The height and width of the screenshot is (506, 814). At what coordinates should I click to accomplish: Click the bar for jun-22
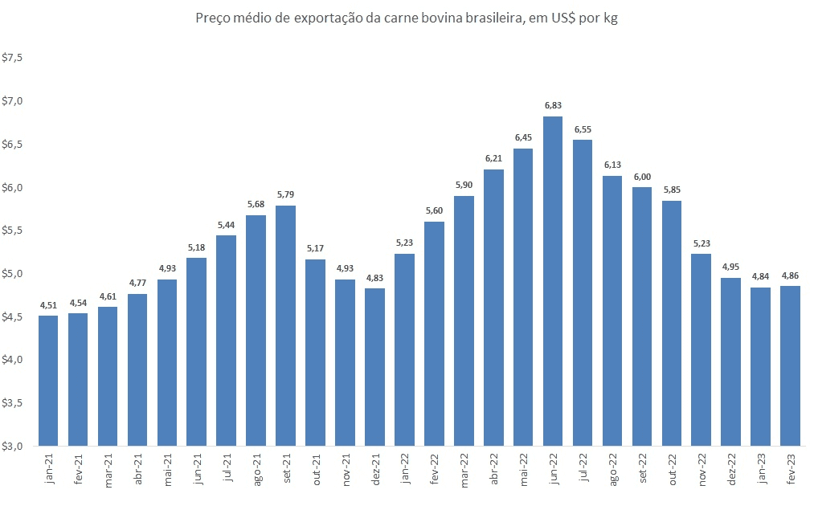(553, 281)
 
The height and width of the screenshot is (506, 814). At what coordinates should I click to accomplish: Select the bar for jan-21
(48, 381)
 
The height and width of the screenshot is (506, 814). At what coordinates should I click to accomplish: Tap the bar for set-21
(286, 325)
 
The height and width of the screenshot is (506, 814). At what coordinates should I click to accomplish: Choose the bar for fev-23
(791, 365)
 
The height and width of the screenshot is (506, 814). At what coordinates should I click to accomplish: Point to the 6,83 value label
(553, 105)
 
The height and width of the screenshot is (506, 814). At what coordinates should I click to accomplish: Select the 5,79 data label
(286, 194)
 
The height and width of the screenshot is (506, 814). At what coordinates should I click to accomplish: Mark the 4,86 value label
(791, 275)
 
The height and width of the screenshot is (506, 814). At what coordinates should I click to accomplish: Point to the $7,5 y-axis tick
(14, 59)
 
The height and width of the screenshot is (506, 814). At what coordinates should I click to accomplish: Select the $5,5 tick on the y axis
(14, 231)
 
